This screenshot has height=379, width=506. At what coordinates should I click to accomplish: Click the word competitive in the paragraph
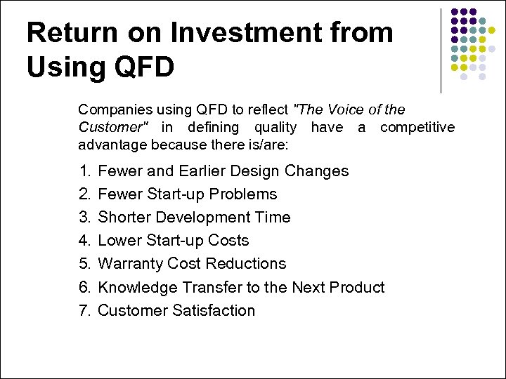[x=417, y=127]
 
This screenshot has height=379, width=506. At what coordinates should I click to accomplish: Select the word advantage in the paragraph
[x=111, y=145]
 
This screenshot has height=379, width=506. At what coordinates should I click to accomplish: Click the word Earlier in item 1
[x=205, y=171]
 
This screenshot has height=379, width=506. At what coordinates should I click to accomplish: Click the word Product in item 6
[x=357, y=287]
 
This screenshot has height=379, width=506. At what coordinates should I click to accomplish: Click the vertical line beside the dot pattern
[x=441, y=51]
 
